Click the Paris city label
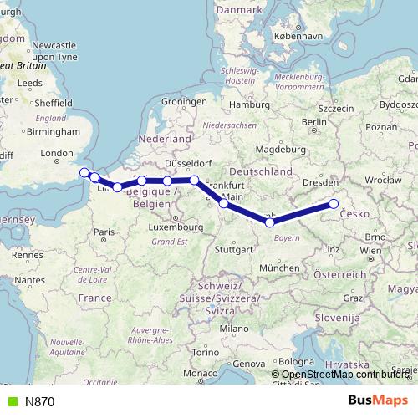click(104, 232)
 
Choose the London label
click(58, 153)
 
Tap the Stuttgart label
click(233, 249)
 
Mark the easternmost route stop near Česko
click(334, 204)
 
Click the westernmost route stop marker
click(84, 173)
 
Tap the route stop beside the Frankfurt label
click(223, 203)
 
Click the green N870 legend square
click(10, 401)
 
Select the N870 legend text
click(39, 401)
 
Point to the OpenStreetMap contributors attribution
click(343, 375)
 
